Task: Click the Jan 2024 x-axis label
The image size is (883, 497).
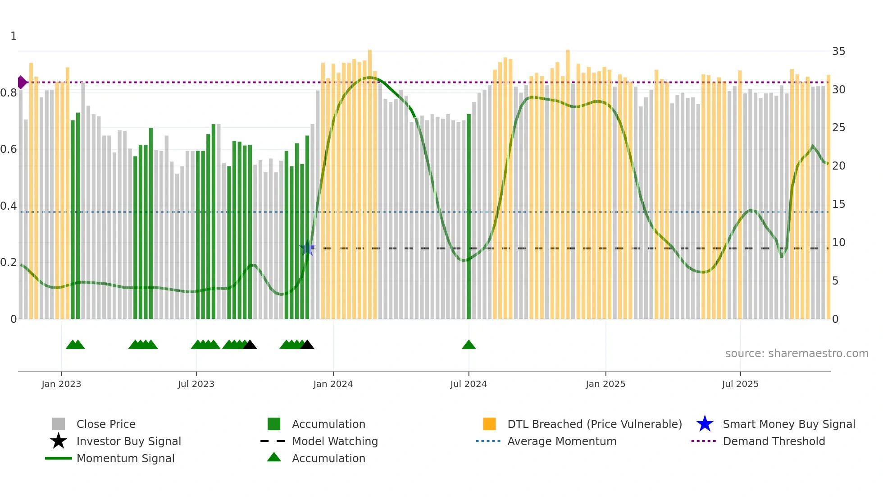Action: click(333, 384)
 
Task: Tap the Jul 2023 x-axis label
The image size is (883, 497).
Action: click(196, 384)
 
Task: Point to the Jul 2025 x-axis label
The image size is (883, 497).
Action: click(740, 384)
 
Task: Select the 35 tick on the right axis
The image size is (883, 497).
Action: click(838, 51)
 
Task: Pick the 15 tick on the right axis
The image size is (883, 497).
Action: click(838, 204)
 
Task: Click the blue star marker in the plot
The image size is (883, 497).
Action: click(308, 248)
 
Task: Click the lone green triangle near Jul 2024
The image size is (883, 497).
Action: click(469, 345)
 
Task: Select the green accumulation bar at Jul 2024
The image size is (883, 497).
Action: click(469, 216)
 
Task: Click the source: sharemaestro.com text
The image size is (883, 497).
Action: click(797, 354)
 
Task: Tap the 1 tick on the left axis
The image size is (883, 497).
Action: click(14, 36)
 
